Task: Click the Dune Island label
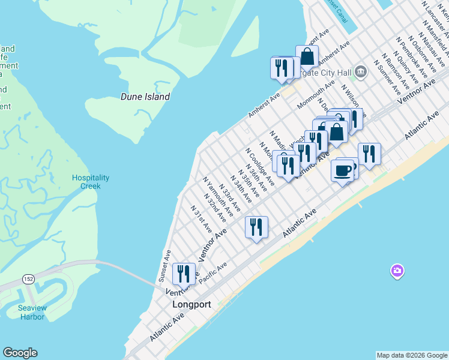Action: [x=145, y=97]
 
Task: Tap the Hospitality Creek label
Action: [x=91, y=182]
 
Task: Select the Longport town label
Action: [x=191, y=304]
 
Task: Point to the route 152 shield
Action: [x=28, y=279]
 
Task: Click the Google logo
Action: [x=20, y=353]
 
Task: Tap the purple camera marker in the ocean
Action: [x=397, y=272]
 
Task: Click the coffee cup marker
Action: [x=342, y=171]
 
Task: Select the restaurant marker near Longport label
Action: [x=184, y=274]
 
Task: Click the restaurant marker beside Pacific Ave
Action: [x=256, y=227]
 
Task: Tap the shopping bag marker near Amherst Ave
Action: [x=307, y=57]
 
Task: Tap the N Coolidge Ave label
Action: [x=261, y=166]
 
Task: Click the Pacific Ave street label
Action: [x=214, y=272]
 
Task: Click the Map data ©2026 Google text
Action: [x=411, y=355]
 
